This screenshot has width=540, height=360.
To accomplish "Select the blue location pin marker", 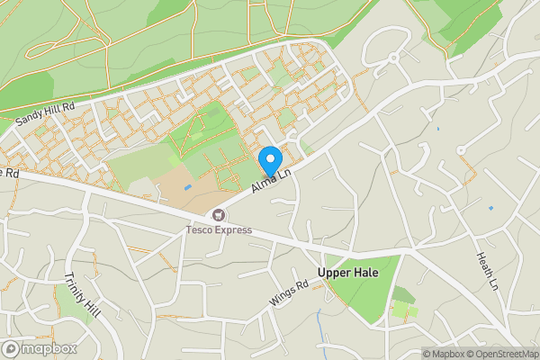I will [x=269, y=160].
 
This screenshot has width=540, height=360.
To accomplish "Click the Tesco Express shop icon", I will [x=219, y=214].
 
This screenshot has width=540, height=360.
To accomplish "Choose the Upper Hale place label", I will [x=347, y=272].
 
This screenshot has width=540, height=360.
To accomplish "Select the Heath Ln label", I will [x=487, y=270].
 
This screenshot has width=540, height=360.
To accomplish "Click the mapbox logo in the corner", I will [x=40, y=348].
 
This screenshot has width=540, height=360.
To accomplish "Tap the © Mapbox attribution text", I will [x=445, y=354].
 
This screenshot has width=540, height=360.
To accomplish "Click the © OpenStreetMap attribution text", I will [x=503, y=354].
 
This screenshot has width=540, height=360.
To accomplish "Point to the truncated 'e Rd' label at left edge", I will [x=9, y=171].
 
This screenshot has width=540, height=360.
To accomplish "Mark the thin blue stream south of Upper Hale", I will [x=319, y=324].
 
